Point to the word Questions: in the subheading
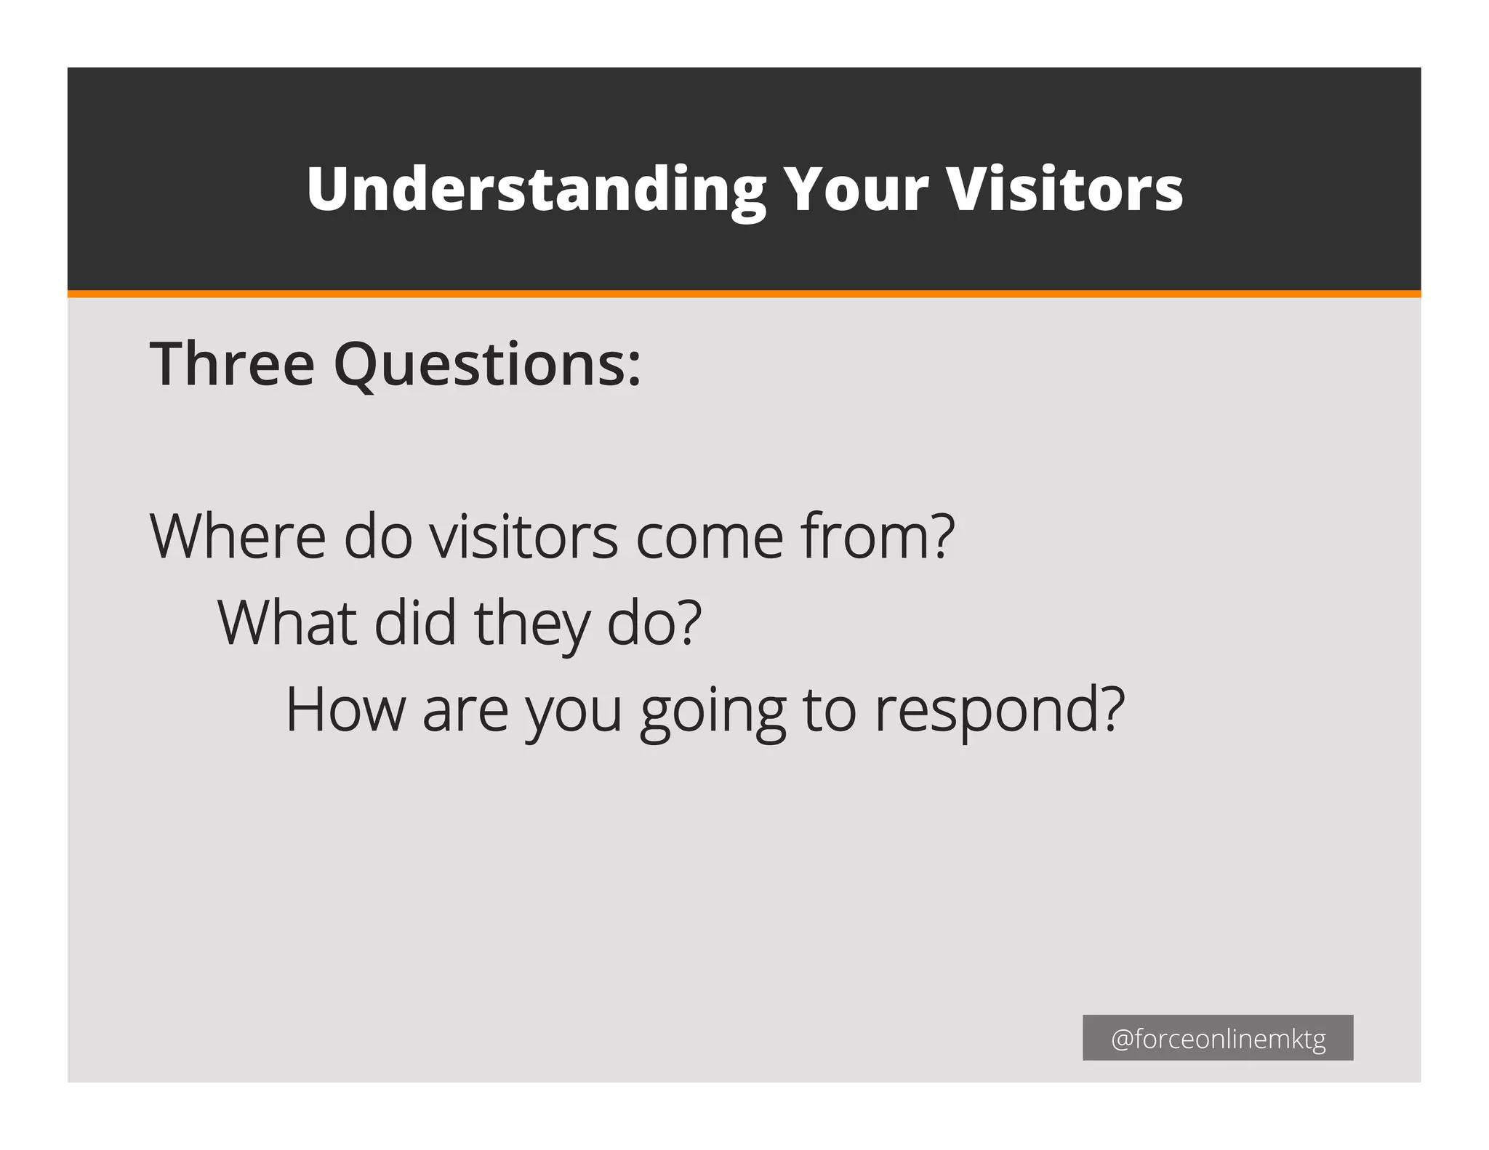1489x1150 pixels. pyautogui.click(x=487, y=365)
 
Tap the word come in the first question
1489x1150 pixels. pyautogui.click(x=710, y=538)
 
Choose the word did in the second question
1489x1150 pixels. pyautogui.click(x=414, y=623)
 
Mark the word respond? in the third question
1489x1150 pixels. pyautogui.click(x=1000, y=711)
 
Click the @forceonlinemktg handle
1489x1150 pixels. pyautogui.click(x=1218, y=1039)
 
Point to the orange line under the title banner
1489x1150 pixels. pyautogui.click(x=744, y=294)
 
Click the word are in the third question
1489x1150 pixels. pyautogui.click(x=465, y=711)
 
